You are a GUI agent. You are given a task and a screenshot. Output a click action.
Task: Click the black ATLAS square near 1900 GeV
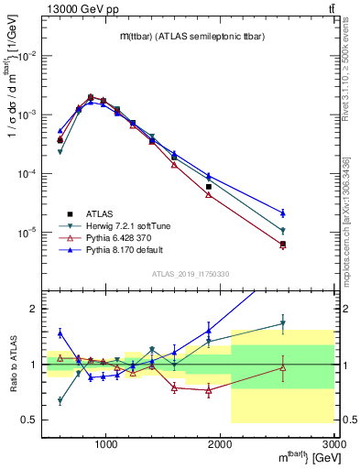pos(209,186)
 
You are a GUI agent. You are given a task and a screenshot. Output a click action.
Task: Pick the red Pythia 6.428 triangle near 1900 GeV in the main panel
pos(209,195)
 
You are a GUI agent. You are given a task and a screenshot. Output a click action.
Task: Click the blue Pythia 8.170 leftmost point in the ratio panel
pos(60,333)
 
